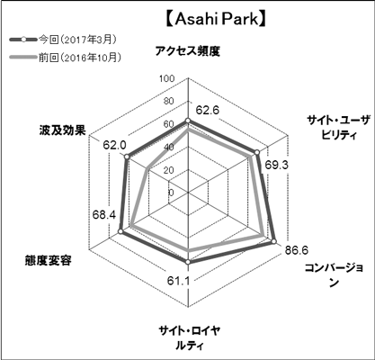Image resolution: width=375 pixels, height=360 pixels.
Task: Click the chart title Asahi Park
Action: click(x=216, y=20)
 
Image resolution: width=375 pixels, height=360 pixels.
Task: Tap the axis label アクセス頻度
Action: click(x=188, y=51)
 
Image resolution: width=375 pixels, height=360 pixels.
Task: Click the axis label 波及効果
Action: click(x=63, y=130)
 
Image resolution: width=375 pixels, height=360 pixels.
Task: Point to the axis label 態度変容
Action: click(x=49, y=260)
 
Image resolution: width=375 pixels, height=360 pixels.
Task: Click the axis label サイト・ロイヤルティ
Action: click(x=190, y=338)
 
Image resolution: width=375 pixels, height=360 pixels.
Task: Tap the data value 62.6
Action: click(x=208, y=111)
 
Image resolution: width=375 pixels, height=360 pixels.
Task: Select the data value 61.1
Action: click(x=178, y=281)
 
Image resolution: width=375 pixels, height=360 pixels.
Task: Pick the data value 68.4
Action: click(x=104, y=214)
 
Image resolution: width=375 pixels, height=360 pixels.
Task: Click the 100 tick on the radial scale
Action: click(x=167, y=79)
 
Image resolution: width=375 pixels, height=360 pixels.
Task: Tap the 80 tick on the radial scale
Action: click(x=169, y=102)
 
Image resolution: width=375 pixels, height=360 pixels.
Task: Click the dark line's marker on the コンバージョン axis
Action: click(x=273, y=241)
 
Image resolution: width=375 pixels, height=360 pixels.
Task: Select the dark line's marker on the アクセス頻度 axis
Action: click(x=188, y=121)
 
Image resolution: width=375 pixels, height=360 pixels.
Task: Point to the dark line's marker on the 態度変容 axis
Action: click(x=121, y=231)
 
